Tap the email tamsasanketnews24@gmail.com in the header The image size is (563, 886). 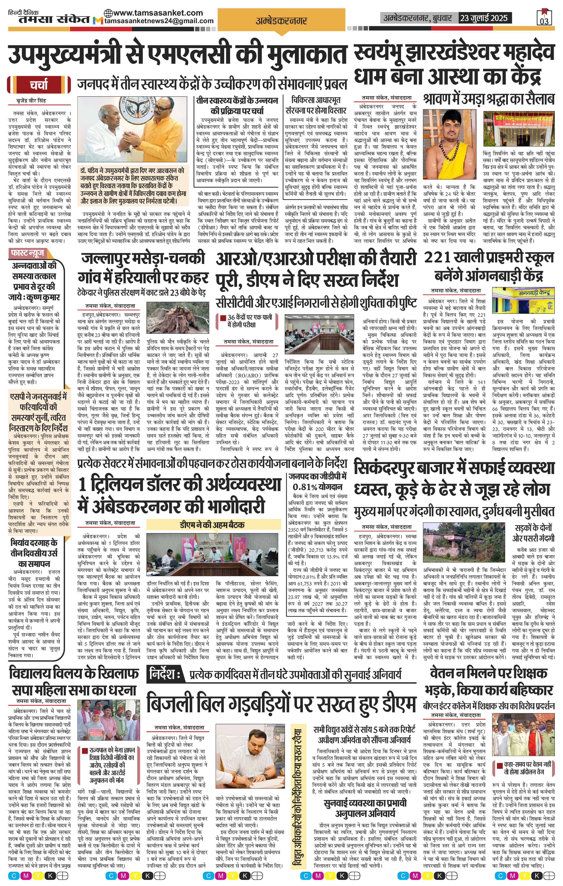159,21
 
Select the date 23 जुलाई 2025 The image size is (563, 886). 485,18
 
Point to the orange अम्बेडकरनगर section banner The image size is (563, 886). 281,21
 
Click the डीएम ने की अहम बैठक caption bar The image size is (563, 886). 212,525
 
